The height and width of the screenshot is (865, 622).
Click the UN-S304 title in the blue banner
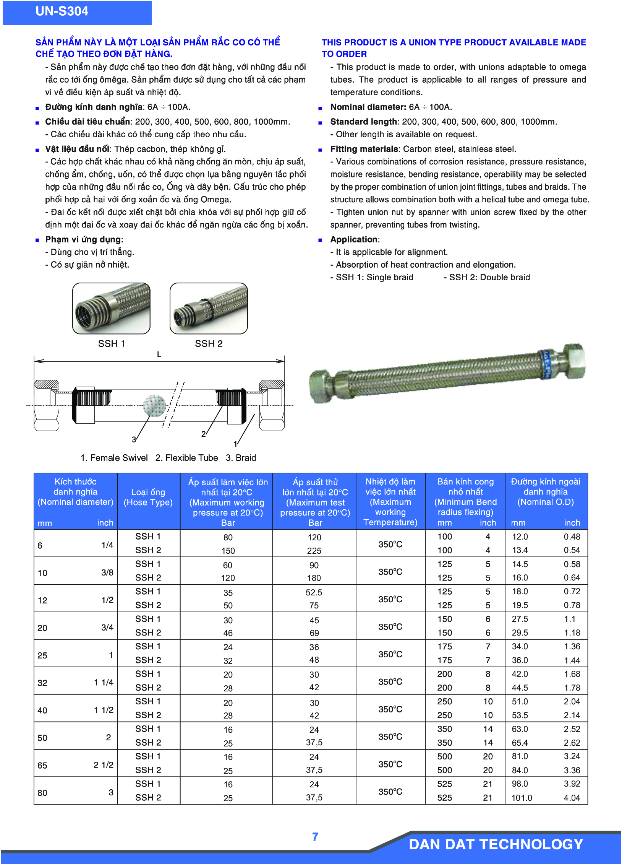click(62, 11)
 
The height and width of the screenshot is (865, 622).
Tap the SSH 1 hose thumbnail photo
click(111, 308)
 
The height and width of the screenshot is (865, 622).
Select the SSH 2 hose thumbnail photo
click(209, 308)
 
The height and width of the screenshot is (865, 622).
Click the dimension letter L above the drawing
click(159, 354)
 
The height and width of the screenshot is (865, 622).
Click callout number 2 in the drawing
click(203, 434)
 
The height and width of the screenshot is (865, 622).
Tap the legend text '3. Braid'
click(241, 458)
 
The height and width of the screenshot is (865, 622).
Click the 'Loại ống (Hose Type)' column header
click(148, 498)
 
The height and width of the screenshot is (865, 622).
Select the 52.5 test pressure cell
click(314, 592)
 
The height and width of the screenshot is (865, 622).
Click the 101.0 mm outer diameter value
click(522, 798)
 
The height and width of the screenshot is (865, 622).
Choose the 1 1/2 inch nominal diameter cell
click(104, 710)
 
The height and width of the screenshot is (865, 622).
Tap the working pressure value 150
click(228, 551)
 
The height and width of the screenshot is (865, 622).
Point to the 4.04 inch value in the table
click(572, 798)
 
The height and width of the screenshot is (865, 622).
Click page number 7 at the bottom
click(315, 837)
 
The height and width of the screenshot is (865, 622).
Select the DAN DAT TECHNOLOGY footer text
click(496, 844)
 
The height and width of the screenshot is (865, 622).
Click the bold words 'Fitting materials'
click(364, 149)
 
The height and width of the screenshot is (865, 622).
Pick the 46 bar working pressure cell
click(228, 633)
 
